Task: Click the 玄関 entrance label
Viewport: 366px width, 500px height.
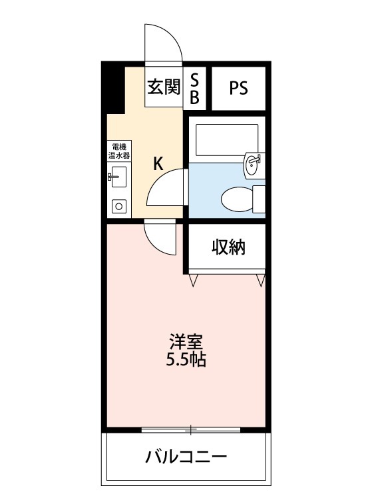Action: pos(164,87)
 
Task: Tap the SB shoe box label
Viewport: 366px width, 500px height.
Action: pos(195,88)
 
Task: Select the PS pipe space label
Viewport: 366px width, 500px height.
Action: pos(239,88)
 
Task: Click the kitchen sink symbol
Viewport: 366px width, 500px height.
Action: pos(119,177)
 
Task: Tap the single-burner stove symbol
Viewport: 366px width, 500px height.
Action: pos(119,206)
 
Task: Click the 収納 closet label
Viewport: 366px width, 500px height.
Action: pos(229,247)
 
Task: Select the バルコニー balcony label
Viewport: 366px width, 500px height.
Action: pos(186,457)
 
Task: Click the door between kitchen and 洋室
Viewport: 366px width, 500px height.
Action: pos(160,237)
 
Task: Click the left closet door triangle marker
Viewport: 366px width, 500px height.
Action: pos(193,280)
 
